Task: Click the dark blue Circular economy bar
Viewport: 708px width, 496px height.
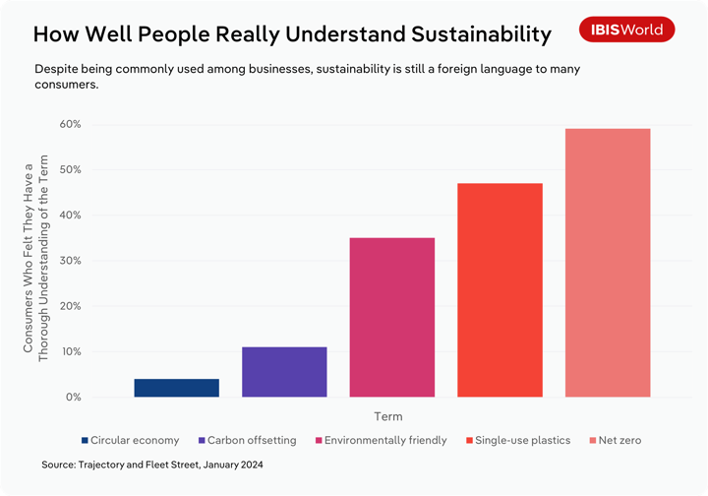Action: [x=176, y=388]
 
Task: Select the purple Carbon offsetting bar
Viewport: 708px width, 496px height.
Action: [x=284, y=372]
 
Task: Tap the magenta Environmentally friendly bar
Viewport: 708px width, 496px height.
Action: [x=392, y=317]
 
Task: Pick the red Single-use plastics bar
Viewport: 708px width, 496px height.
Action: [x=500, y=290]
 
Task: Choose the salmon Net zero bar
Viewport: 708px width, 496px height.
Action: [x=608, y=263]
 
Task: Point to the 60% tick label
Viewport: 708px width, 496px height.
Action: [x=70, y=124]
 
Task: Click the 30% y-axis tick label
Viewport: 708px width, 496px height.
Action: [x=70, y=261]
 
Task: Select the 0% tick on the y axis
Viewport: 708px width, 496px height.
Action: [x=73, y=397]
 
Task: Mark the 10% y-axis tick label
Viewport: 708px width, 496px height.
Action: [x=70, y=351]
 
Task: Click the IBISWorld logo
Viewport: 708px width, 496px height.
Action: [x=626, y=30]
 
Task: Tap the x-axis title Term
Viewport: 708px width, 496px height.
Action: [x=388, y=416]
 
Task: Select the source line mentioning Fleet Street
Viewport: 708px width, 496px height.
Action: [x=152, y=464]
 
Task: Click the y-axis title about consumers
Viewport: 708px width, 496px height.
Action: [x=35, y=261]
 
